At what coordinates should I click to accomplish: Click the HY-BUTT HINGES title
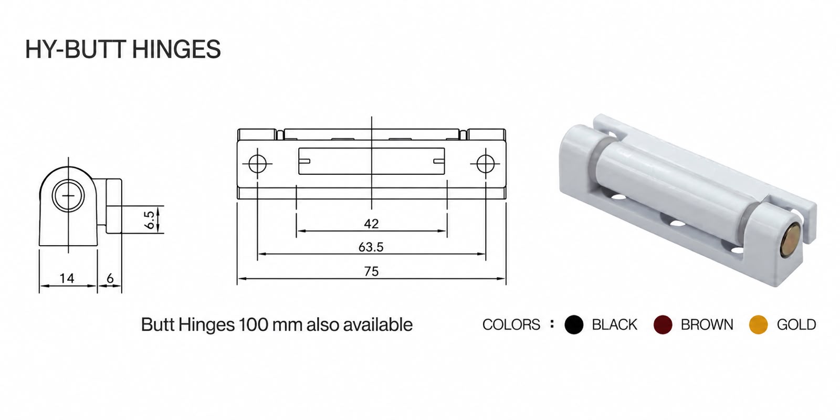(123, 49)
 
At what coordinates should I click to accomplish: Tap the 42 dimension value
(371, 224)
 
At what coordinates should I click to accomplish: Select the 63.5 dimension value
(371, 247)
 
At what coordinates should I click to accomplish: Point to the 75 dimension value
(371, 271)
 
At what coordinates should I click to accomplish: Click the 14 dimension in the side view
(67, 278)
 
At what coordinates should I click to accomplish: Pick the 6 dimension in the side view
(110, 278)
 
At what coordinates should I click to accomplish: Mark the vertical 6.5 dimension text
(149, 220)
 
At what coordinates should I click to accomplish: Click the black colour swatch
(574, 324)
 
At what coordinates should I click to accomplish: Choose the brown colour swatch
(663, 324)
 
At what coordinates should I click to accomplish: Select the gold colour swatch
(758, 324)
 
